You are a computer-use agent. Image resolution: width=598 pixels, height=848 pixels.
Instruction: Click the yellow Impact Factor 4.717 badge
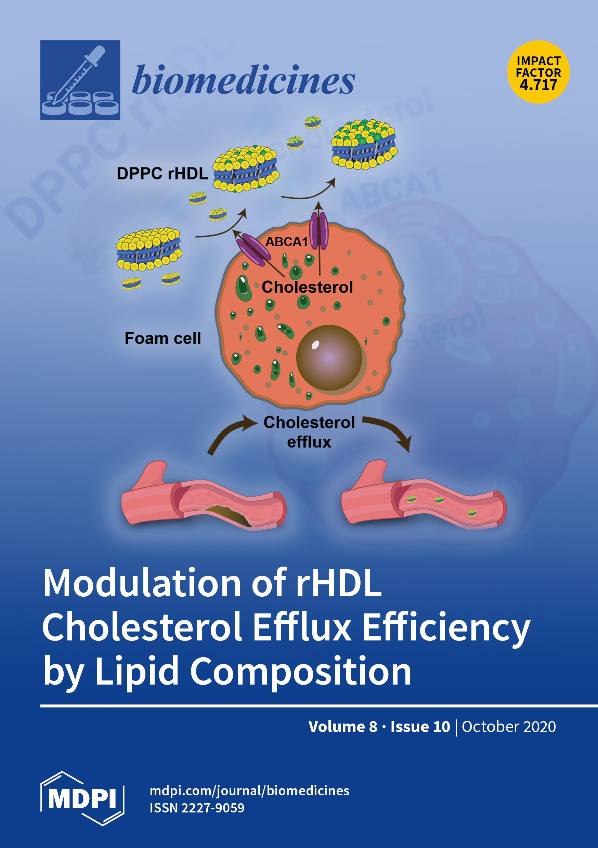pos(538,72)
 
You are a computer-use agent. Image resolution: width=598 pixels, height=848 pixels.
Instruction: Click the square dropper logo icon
pos(80,80)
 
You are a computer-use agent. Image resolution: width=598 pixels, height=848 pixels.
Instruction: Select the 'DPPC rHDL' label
pos(162,174)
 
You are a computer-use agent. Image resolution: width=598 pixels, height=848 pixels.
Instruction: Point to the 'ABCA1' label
pos(286,242)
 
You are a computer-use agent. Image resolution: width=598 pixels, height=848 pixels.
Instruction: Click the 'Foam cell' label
pos(162,338)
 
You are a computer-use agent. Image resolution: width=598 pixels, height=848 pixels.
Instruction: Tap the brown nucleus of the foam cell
pos(329,358)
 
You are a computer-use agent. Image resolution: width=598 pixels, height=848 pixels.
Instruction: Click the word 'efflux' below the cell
pos(309,442)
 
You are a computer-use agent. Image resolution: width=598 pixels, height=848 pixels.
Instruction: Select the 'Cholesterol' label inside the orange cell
pos(307,287)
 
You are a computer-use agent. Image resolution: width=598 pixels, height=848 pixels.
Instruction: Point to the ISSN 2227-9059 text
pos(197,808)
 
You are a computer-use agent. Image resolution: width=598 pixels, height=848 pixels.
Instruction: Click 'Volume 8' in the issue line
pos(342,727)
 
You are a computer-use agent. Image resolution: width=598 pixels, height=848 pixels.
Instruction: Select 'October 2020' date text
pos(509,727)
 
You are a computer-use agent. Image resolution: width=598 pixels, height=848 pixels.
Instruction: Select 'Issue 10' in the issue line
pos(420,727)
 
